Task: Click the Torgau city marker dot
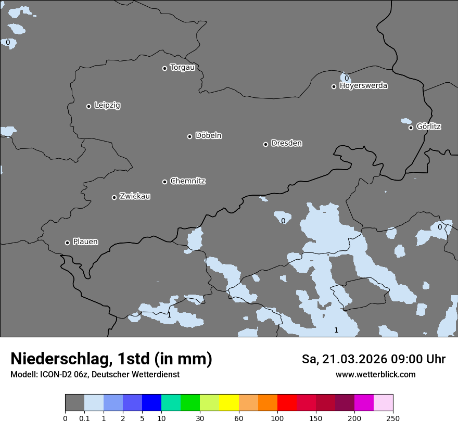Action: tap(164, 68)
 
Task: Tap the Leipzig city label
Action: tap(107, 106)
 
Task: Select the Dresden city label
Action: tap(286, 143)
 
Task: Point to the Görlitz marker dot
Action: tap(411, 128)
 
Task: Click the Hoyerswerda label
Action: tap(363, 86)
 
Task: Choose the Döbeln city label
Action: tap(208, 136)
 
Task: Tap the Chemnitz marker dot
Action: tap(164, 182)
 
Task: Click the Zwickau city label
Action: tap(135, 196)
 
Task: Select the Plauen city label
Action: tap(85, 242)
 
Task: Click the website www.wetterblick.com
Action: tap(375, 375)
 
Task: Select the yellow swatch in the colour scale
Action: tap(229, 403)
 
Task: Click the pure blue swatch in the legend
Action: tap(151, 403)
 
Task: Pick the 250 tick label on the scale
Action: tap(393, 418)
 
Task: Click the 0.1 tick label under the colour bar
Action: tap(84, 418)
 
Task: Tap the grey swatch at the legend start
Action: tap(74, 403)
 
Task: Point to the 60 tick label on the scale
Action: tap(239, 418)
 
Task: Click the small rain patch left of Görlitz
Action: tap(406, 121)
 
